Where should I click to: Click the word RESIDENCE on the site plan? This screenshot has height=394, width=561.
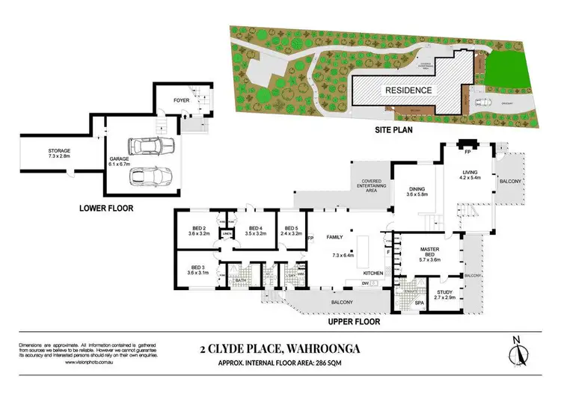pyautogui.click(x=408, y=90)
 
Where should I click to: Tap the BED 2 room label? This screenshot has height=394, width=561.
pyautogui.click(x=198, y=229)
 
